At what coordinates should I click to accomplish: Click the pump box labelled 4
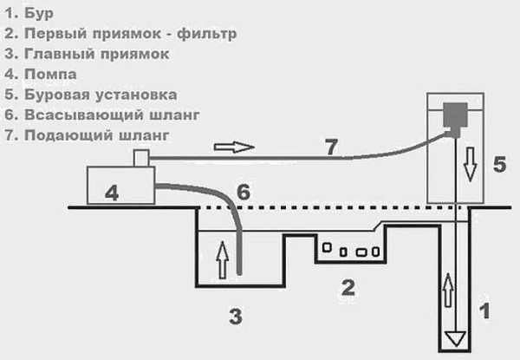pos(120,187)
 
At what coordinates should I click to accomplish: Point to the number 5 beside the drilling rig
pos(498,163)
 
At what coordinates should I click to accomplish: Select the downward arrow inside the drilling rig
pos(470,163)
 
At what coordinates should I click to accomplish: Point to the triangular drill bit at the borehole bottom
pos(454,337)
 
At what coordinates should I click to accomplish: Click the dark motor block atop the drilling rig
pos(454,115)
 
